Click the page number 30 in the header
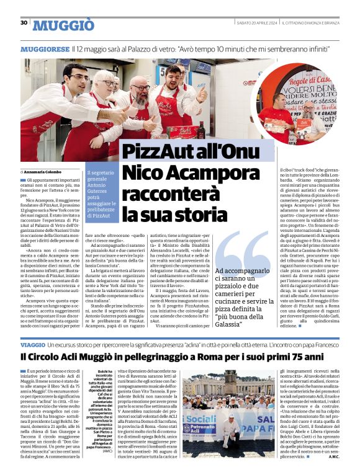[24, 23]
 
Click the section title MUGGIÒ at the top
[63, 25]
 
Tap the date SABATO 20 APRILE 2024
[254, 24]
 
